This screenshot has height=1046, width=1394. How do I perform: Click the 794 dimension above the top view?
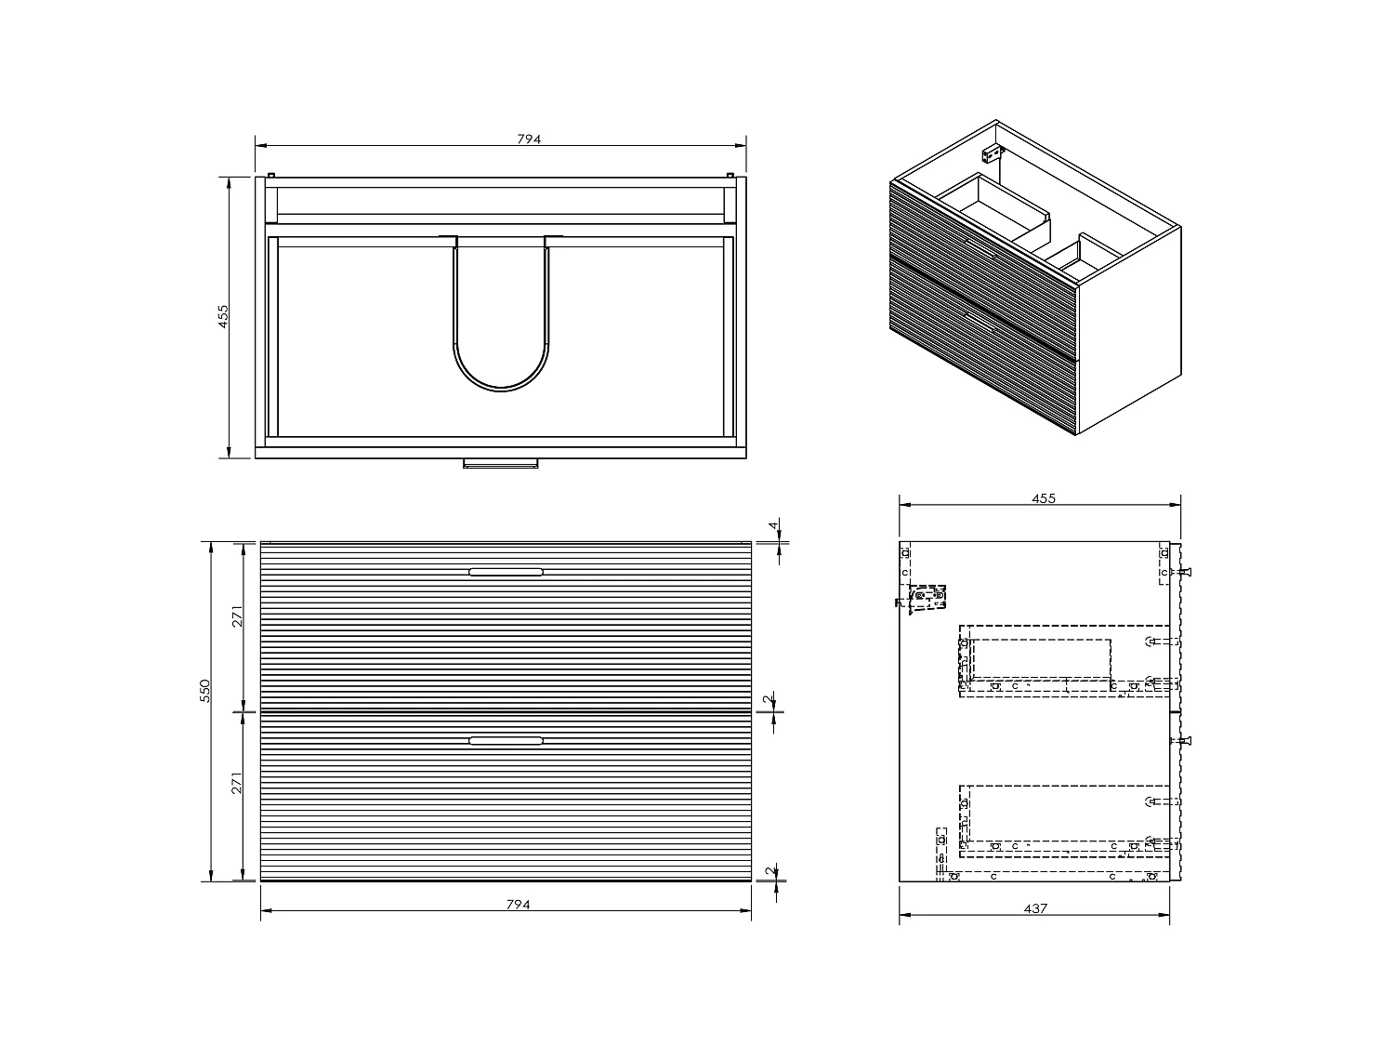[x=528, y=139]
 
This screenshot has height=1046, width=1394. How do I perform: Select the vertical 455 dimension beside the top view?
[x=223, y=316]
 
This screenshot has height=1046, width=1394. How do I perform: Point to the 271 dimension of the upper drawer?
[x=238, y=617]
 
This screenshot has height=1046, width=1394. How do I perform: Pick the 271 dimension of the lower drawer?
[x=238, y=783]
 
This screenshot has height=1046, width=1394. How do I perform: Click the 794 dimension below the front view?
[x=518, y=905]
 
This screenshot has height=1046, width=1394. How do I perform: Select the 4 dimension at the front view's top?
[x=772, y=526]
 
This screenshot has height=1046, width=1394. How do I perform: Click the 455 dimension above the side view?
[x=1044, y=498]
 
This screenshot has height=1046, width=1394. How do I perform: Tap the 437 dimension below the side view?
[x=1035, y=908]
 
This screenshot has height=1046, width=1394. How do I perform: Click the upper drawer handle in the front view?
[x=506, y=572]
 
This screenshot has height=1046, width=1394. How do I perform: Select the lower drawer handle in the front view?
[x=506, y=741]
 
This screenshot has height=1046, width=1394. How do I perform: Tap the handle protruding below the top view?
[x=501, y=462]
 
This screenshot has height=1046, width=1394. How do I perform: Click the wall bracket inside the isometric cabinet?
[x=993, y=152]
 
